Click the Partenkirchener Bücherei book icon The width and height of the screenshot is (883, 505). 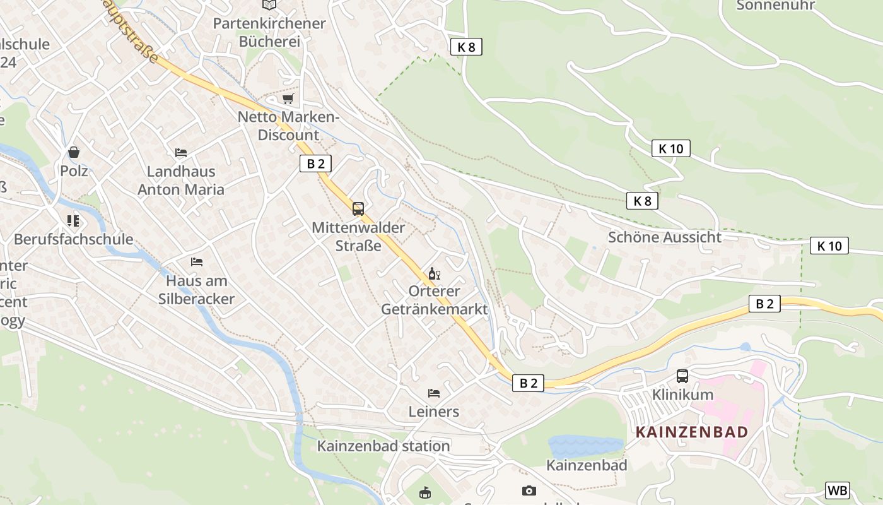click(x=269, y=4)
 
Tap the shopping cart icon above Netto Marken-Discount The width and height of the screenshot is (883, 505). click(x=288, y=98)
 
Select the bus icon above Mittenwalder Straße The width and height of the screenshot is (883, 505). click(x=358, y=208)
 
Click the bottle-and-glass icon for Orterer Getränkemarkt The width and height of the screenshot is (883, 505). click(x=434, y=273)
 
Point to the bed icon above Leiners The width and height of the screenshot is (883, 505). click(x=434, y=393)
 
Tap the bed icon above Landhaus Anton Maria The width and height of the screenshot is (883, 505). click(x=181, y=153)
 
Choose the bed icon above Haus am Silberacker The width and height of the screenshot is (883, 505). click(x=197, y=261)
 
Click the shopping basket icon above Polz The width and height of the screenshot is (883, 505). click(x=74, y=152)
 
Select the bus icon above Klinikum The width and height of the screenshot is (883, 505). click(x=682, y=376)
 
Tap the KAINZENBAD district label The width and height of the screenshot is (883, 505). click(x=692, y=432)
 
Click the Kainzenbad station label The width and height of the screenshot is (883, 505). click(x=383, y=446)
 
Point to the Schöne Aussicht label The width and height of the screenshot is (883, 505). click(x=664, y=237)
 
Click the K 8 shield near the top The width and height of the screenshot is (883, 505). click(x=467, y=46)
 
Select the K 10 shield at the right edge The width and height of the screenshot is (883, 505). click(x=829, y=246)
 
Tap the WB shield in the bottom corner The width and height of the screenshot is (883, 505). click(x=838, y=490)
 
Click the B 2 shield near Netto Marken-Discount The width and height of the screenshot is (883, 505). click(x=315, y=164)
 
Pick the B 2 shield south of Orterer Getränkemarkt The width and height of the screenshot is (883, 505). click(x=528, y=383)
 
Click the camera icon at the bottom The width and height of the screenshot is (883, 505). click(x=529, y=490)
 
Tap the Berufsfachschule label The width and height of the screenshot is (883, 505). click(x=74, y=239)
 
